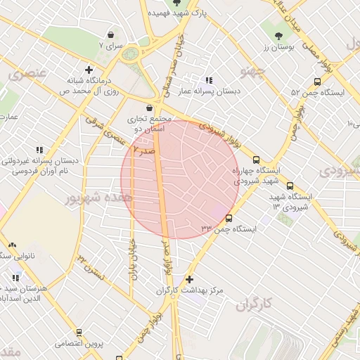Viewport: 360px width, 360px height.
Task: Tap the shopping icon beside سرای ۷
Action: pyautogui.click(x=111, y=34)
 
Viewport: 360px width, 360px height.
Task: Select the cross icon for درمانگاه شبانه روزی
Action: pyautogui.click(x=89, y=69)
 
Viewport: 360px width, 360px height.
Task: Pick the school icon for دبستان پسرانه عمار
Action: pyautogui.click(x=208, y=79)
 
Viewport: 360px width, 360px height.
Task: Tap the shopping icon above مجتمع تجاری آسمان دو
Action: pyautogui.click(x=149, y=108)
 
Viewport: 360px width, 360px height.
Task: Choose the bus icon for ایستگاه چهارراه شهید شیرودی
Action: pyautogui.click(x=256, y=160)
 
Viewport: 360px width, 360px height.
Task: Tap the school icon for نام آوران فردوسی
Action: pyautogui.click(x=39, y=149)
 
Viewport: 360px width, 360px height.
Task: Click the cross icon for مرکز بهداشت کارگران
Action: pyautogui.click(x=188, y=278)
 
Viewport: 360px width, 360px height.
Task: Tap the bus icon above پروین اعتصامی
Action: pyautogui.click(x=79, y=332)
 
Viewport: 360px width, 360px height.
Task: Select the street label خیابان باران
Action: pyautogui.click(x=131, y=260)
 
